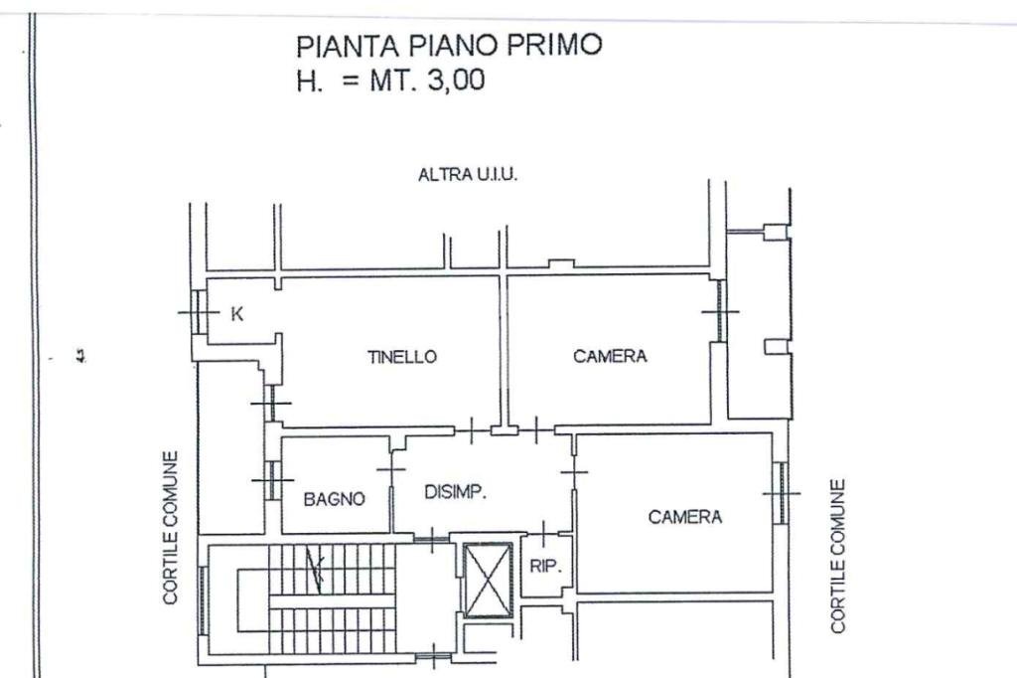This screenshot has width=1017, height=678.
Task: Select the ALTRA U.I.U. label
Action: pyautogui.click(x=468, y=175)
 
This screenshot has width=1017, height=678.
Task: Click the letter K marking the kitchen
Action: pyautogui.click(x=236, y=314)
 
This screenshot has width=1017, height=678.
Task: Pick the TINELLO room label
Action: pyautogui.click(x=401, y=357)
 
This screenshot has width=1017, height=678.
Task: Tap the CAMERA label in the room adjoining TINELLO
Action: pyautogui.click(x=610, y=356)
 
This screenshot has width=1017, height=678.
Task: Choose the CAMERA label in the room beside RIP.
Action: pyautogui.click(x=684, y=517)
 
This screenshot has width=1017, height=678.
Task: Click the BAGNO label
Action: pyautogui.click(x=334, y=499)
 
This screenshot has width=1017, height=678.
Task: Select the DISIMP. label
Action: pyautogui.click(x=455, y=492)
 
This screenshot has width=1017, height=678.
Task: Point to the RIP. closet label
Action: pyautogui.click(x=545, y=568)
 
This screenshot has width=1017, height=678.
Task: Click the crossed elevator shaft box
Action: pyautogui.click(x=487, y=580)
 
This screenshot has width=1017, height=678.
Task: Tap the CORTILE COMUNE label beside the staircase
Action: pyautogui.click(x=171, y=527)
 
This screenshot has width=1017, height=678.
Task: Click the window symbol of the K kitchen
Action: pyautogui.click(x=196, y=313)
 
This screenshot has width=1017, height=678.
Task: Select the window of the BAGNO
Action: pyautogui.click(x=269, y=481)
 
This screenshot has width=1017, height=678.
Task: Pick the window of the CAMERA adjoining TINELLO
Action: pyautogui.click(x=720, y=311)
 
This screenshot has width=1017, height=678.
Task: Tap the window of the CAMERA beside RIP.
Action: pyautogui.click(x=782, y=492)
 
